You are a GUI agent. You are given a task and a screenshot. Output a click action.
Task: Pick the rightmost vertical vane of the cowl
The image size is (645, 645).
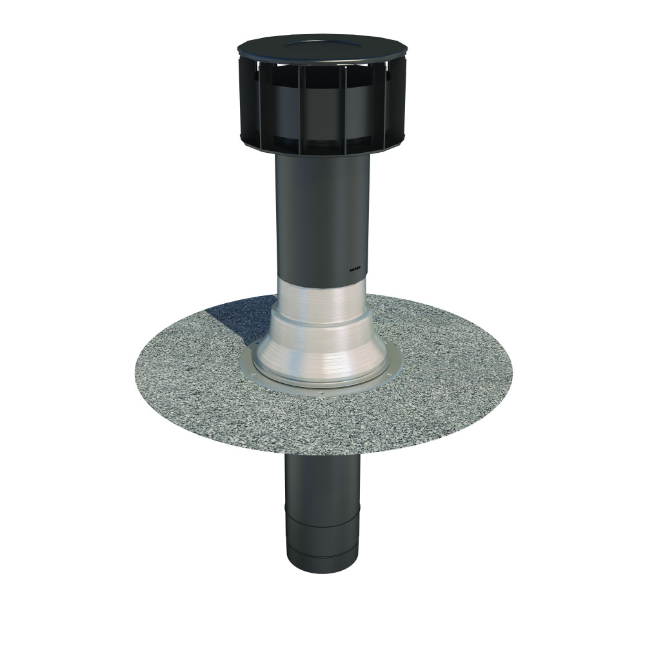tap(400, 103)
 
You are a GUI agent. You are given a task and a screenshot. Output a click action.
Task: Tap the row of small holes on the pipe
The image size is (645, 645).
tap(356, 269)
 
